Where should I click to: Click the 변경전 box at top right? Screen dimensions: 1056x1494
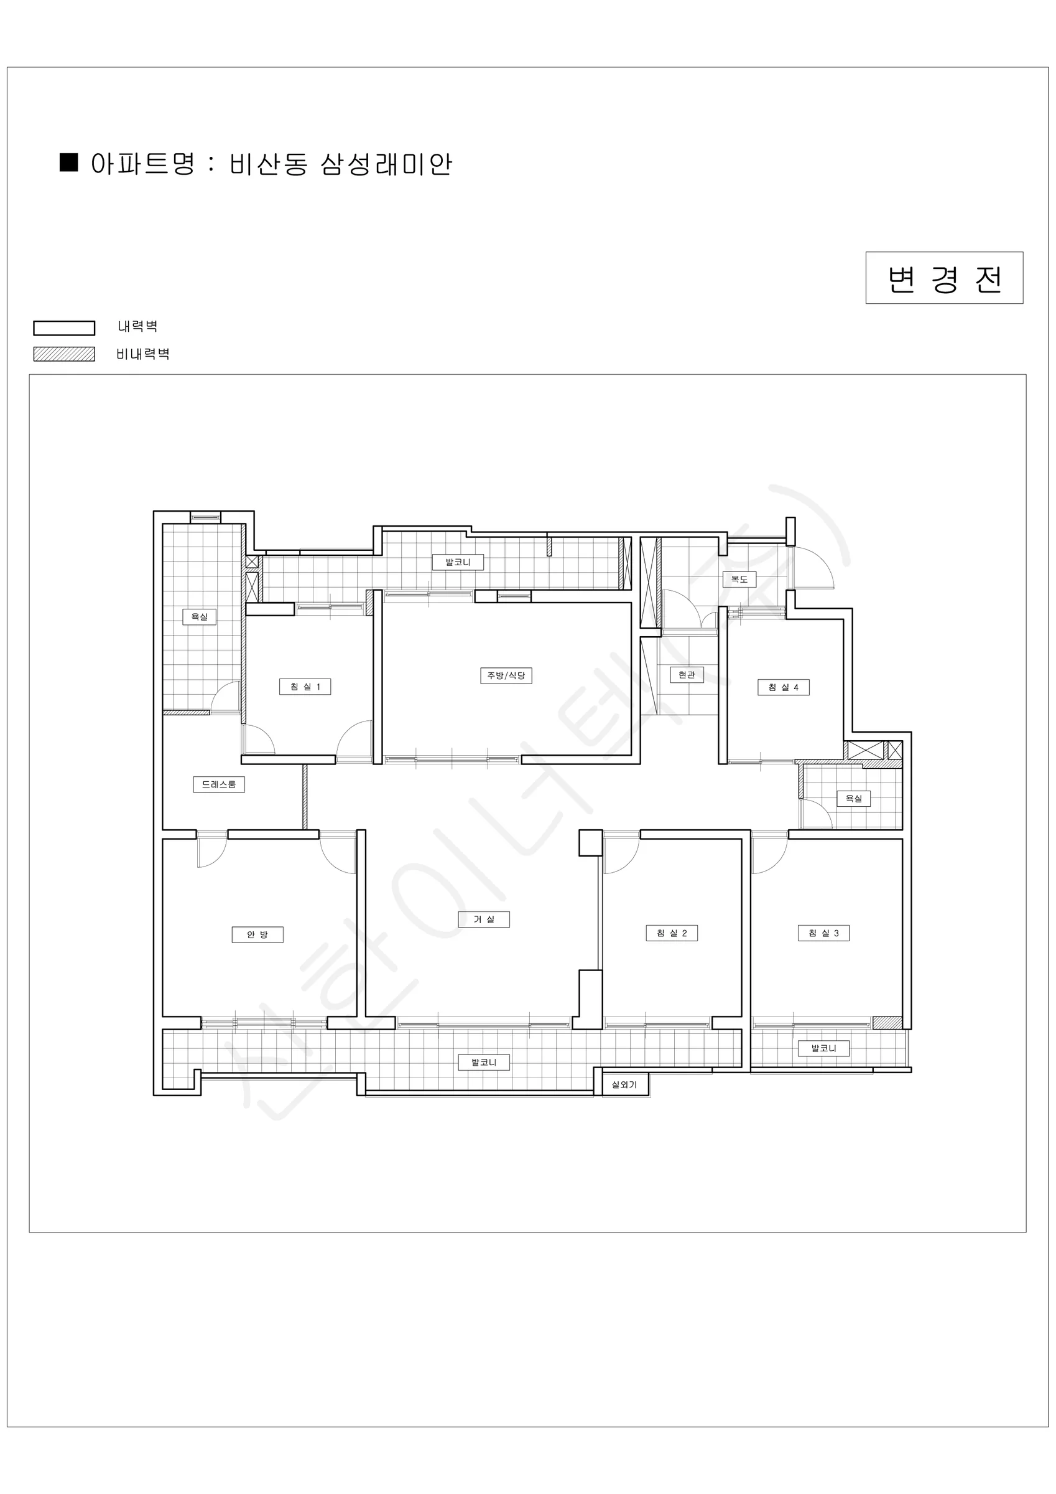(x=943, y=278)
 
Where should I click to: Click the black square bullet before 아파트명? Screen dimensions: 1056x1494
(x=69, y=162)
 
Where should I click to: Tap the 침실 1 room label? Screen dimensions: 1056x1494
(x=305, y=687)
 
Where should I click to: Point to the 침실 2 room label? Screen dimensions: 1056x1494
(x=672, y=933)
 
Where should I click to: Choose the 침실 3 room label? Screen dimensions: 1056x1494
(x=824, y=933)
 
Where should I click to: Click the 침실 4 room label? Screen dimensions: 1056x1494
(x=784, y=687)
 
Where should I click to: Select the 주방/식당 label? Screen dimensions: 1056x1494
(x=506, y=675)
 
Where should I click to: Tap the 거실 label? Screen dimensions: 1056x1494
(x=484, y=919)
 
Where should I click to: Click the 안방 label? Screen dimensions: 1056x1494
(x=257, y=934)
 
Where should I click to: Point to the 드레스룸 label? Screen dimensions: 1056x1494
(x=219, y=784)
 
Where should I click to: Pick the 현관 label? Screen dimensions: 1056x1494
(x=687, y=675)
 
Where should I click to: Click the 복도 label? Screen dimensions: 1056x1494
(x=739, y=578)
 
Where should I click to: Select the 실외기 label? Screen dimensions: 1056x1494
(x=624, y=1085)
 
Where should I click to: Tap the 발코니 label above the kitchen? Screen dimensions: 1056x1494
(x=458, y=561)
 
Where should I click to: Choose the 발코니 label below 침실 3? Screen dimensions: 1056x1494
(x=824, y=1048)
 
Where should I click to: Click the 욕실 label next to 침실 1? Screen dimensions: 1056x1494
(x=199, y=616)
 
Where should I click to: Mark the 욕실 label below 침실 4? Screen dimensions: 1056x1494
(x=853, y=799)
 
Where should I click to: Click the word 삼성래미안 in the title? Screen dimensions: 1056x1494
(x=386, y=164)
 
